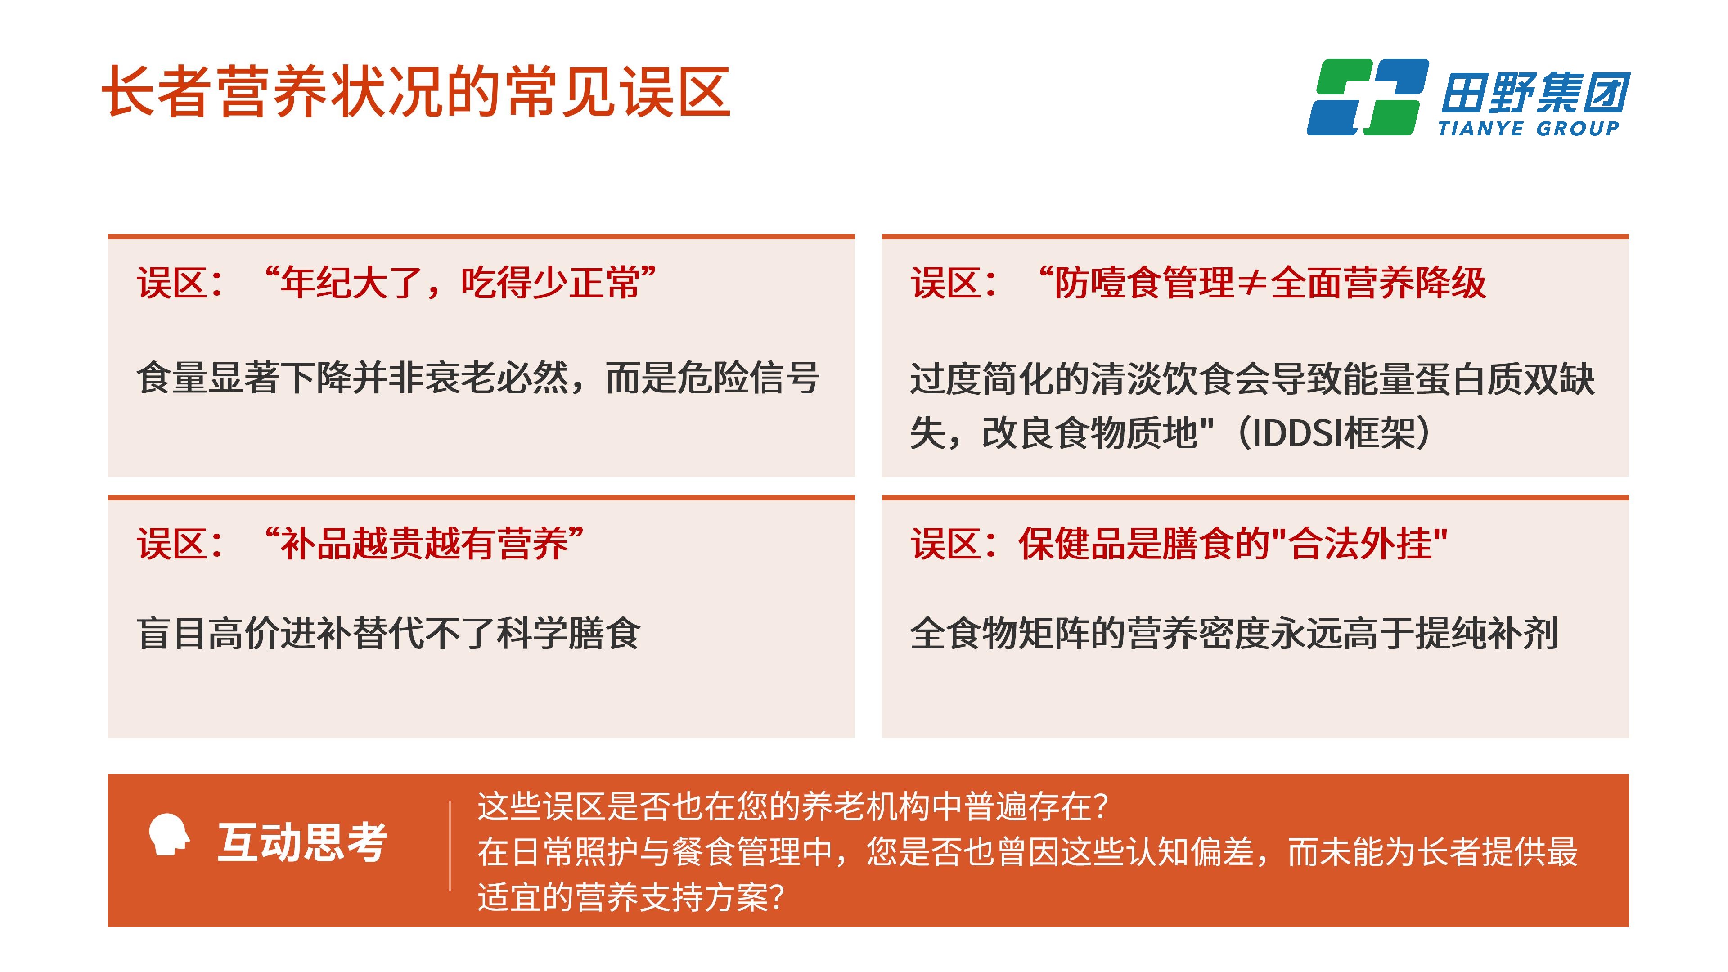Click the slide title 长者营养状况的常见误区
(416, 92)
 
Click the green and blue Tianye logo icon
(1368, 97)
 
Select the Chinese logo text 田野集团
(1535, 92)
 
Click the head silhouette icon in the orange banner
(169, 834)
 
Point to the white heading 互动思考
(302, 842)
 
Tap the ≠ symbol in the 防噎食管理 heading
(1252, 283)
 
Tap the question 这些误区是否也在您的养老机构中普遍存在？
(793, 807)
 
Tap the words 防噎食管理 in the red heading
(1144, 283)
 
